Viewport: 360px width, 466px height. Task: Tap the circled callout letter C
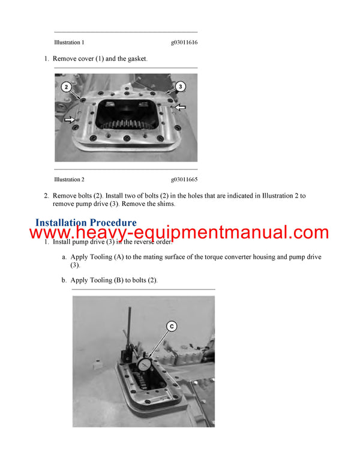point(172,326)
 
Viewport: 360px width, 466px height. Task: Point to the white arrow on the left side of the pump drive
point(71,120)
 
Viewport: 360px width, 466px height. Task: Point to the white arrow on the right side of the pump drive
point(180,107)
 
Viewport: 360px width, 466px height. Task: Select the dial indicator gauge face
point(144,366)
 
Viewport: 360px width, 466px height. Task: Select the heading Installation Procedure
point(86,223)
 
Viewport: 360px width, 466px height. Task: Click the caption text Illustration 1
point(69,43)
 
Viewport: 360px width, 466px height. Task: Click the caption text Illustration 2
point(69,180)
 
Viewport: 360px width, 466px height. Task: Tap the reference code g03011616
point(184,43)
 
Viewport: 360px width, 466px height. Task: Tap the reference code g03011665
point(184,180)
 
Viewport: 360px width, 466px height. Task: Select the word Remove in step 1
point(65,59)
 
